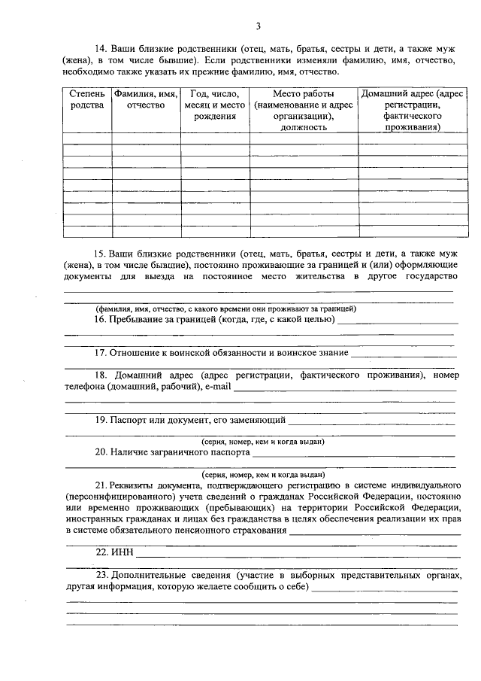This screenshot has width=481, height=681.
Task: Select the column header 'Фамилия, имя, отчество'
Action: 146,99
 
